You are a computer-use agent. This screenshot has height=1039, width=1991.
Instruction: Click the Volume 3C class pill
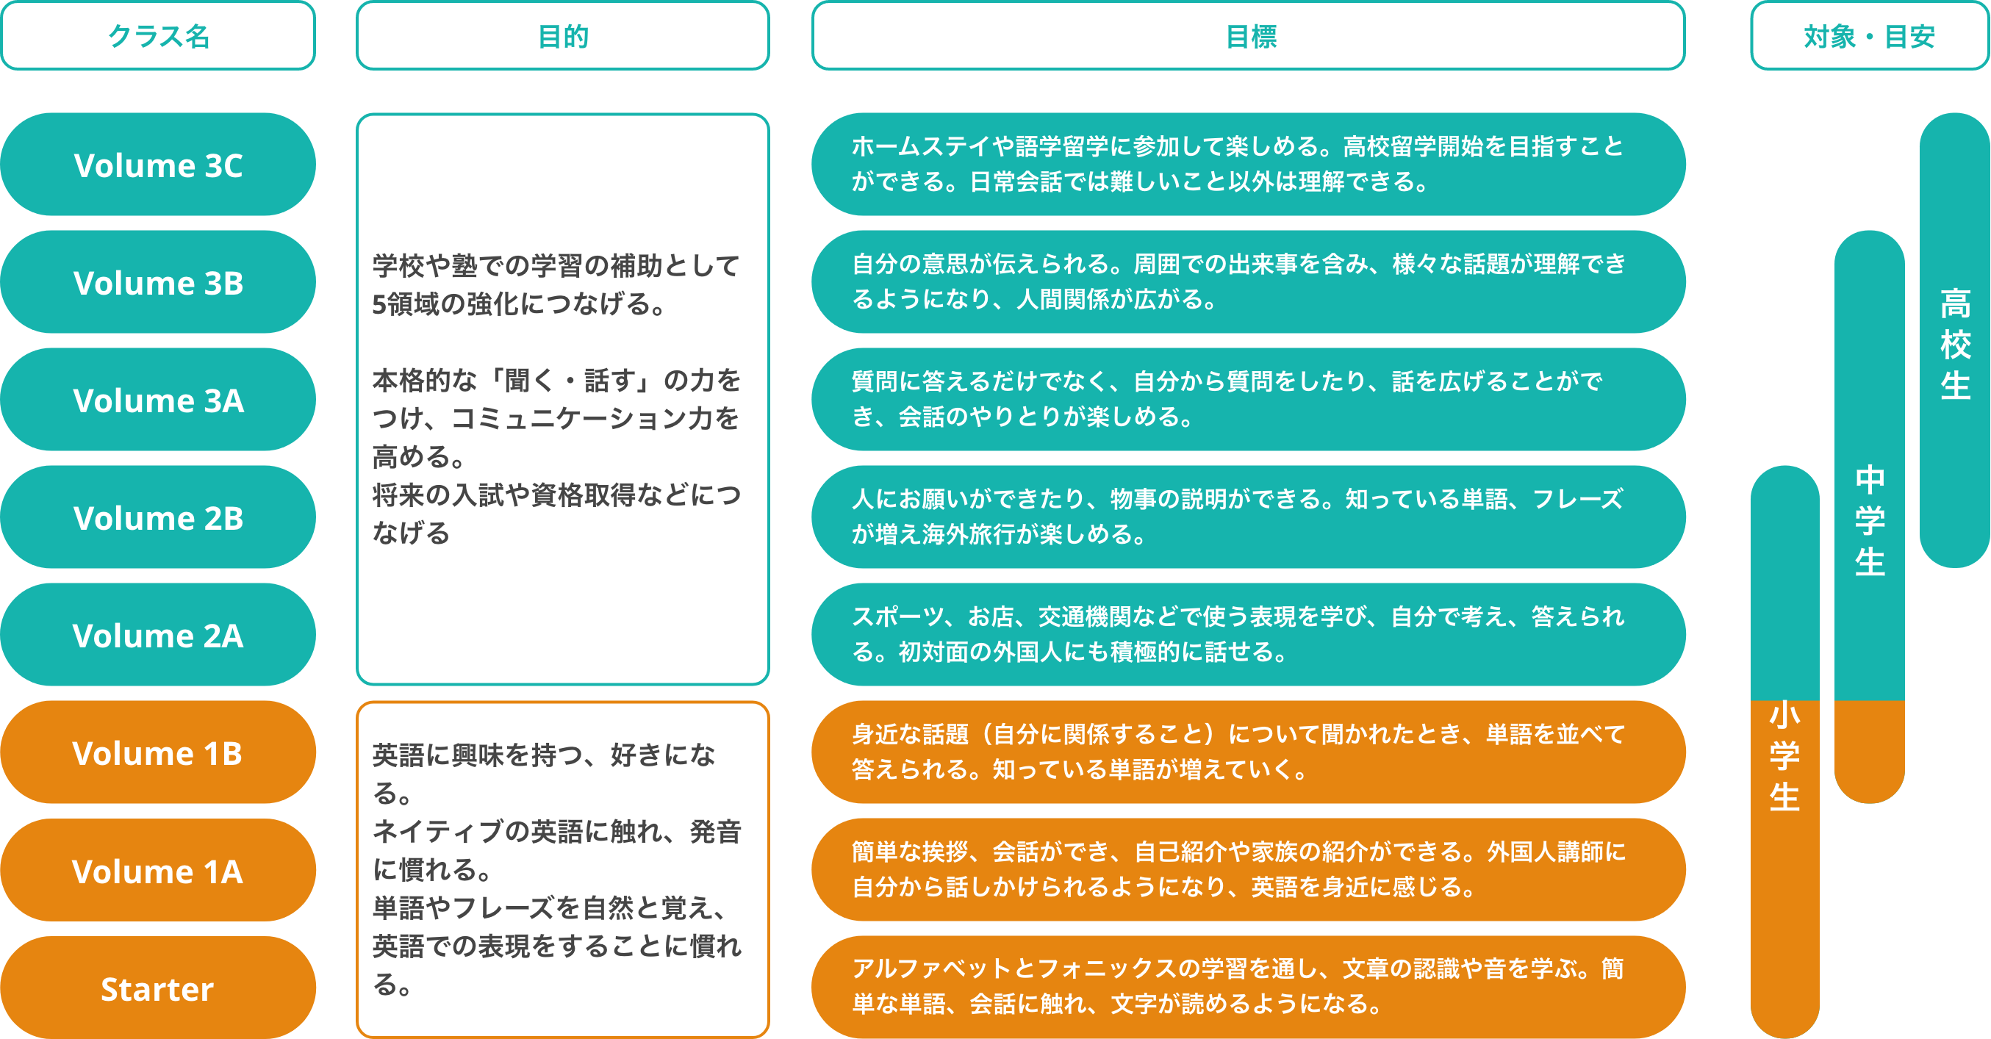158,165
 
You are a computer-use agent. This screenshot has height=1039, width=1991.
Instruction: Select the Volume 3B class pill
158,282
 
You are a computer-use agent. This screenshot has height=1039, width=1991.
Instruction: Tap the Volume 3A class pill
158,400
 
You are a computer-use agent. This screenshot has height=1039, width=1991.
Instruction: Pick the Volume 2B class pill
158,517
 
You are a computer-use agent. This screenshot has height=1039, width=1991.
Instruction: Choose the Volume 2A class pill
158,635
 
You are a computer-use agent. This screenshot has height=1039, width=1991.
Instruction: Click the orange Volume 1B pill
158,752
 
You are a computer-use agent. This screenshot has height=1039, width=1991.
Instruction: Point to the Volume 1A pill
158,871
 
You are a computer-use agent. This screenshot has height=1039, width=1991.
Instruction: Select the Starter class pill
158,988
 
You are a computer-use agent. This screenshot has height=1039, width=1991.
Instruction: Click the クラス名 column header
158,35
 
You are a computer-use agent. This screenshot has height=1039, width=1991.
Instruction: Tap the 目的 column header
563,35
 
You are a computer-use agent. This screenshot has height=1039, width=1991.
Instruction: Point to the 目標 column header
1248,35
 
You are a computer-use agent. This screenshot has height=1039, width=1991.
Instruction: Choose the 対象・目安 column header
1869,35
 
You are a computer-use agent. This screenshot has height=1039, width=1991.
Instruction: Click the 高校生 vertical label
1955,344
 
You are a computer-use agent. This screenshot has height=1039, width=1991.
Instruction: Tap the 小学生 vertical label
1784,755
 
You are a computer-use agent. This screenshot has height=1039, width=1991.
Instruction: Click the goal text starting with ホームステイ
1237,164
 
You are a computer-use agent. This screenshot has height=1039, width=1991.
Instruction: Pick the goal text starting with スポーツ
1237,634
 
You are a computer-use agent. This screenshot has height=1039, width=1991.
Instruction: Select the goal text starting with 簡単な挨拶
1237,869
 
